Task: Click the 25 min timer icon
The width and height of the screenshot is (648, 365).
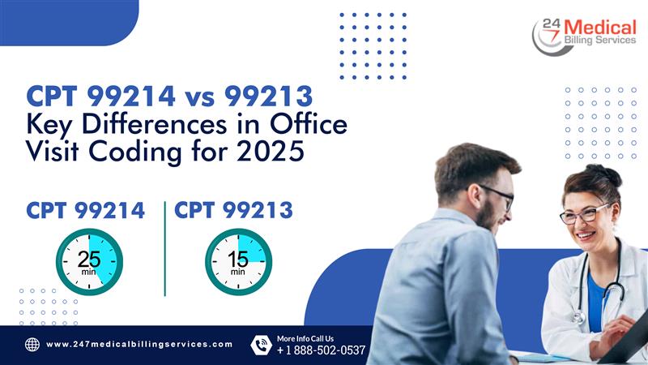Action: tap(89, 261)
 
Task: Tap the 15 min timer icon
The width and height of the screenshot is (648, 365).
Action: tap(238, 261)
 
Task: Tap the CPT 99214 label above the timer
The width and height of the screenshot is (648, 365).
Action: tap(86, 211)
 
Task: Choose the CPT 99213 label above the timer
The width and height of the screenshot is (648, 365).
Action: tap(233, 211)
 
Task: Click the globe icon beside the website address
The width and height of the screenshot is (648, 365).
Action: tap(32, 345)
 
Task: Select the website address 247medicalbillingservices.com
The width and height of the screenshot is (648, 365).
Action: tap(139, 345)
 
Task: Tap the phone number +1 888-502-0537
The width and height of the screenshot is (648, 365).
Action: tap(321, 350)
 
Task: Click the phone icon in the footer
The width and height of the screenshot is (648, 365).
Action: tap(260, 345)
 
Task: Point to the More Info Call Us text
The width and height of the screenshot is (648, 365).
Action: tap(305, 337)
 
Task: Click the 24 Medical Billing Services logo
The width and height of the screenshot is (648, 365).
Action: tap(584, 36)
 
